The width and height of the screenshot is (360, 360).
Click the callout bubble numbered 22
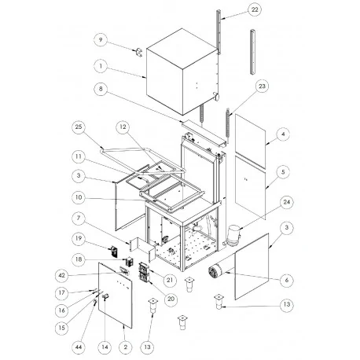tap(232, 9)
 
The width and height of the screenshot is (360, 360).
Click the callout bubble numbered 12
tap(123, 127)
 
